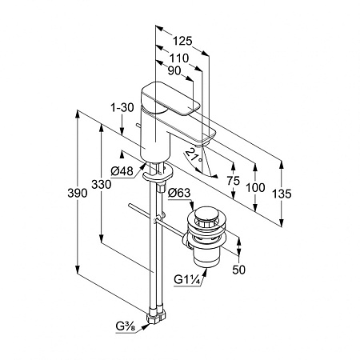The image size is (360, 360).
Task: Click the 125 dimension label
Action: pyautogui.click(x=182, y=41)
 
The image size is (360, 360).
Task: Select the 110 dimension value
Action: pyautogui.click(x=179, y=58)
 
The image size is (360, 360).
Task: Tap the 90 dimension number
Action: pyautogui.click(x=174, y=70)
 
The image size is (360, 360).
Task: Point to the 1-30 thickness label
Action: pyautogui.click(x=122, y=108)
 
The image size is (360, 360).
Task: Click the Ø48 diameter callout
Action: pyautogui.click(x=122, y=171)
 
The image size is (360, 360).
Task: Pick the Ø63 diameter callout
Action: pyautogui.click(x=179, y=193)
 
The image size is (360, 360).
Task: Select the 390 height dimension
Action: pyautogui.click(x=78, y=193)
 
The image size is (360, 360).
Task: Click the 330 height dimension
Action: pyautogui.click(x=101, y=184)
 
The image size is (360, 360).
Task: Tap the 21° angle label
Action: pyautogui.click(x=194, y=156)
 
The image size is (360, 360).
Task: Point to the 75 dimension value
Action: pyautogui.click(x=234, y=181)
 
